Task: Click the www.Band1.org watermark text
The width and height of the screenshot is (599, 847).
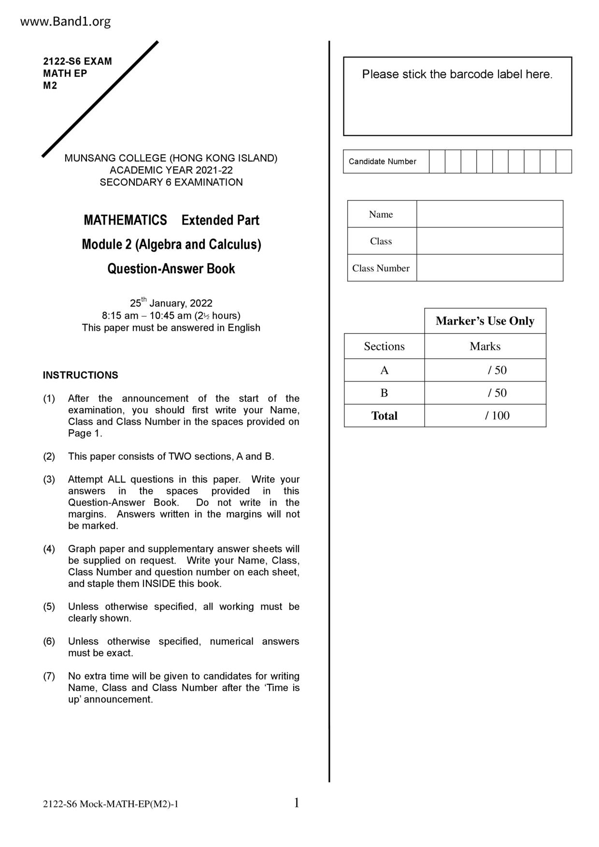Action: pyautogui.click(x=66, y=22)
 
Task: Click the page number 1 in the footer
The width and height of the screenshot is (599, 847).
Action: pyautogui.click(x=297, y=803)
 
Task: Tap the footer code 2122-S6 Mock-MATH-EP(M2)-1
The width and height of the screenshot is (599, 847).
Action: pyautogui.click(x=111, y=804)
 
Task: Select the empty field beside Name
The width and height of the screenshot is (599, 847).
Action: pyautogui.click(x=489, y=214)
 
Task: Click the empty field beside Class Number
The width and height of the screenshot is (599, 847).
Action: pyautogui.click(x=489, y=268)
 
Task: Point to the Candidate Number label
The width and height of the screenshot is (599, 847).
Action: pyautogui.click(x=382, y=161)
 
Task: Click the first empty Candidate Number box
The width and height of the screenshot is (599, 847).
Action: pyautogui.click(x=437, y=161)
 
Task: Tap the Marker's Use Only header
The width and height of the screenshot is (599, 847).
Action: pyautogui.click(x=485, y=321)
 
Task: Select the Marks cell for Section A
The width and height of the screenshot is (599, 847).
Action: pyautogui.click(x=485, y=370)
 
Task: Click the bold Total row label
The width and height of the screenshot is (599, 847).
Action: pyautogui.click(x=384, y=416)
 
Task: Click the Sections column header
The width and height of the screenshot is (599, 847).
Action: pyautogui.click(x=384, y=346)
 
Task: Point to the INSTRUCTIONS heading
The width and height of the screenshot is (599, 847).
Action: pyautogui.click(x=80, y=375)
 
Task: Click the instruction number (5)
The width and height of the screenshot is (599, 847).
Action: pyautogui.click(x=49, y=607)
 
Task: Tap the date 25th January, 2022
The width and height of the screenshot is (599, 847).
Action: pyautogui.click(x=171, y=303)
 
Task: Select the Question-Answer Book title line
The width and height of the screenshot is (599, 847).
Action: pyautogui.click(x=171, y=268)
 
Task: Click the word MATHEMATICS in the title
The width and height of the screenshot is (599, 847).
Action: pyautogui.click(x=125, y=220)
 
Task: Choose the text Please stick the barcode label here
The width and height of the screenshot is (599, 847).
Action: pyautogui.click(x=457, y=74)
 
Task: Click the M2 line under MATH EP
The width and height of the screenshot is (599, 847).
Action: pyautogui.click(x=50, y=85)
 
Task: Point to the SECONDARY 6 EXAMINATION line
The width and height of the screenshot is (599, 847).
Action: pyautogui.click(x=171, y=183)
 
